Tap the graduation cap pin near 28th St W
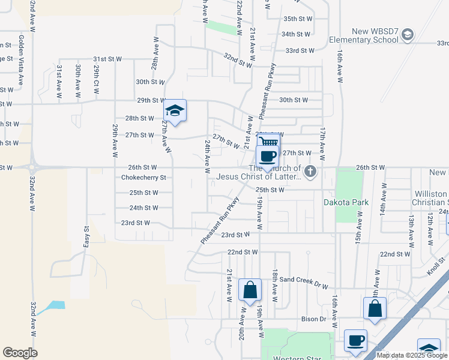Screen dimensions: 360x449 click(x=175, y=111)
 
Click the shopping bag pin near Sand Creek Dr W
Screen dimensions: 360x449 click(x=250, y=290)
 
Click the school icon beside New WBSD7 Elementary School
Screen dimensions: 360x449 click(x=408, y=34)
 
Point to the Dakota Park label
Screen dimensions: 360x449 click(x=347, y=202)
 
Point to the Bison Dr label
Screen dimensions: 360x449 click(x=313, y=319)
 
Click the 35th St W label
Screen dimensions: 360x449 click(x=297, y=19)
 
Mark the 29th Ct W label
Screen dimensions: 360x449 click(x=95, y=81)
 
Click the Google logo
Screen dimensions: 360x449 click(x=20, y=353)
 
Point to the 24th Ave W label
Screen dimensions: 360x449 click(x=207, y=157)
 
